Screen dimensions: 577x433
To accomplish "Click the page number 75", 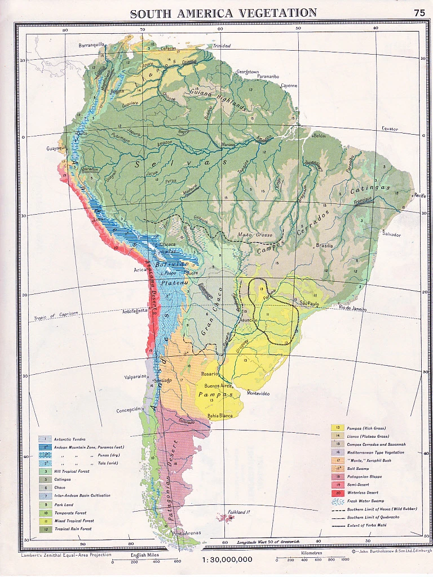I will coord(419,12).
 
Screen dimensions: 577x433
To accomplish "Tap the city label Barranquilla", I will coord(92,45).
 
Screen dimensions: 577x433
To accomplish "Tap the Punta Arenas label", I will coord(186,532).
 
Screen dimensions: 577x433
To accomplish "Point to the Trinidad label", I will coord(222,46).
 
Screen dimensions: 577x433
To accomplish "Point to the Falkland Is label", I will coord(237,512).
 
